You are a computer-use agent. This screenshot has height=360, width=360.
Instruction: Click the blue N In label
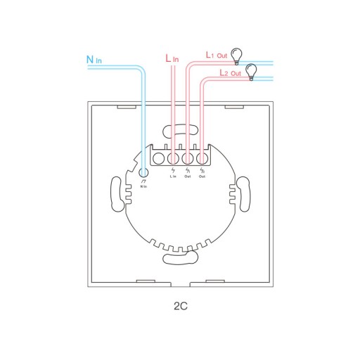coord(94,60)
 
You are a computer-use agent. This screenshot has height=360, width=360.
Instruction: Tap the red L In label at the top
coord(172,58)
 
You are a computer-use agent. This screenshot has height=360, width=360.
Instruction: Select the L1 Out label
coord(217,55)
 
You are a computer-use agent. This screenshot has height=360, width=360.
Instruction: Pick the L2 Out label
coord(230,73)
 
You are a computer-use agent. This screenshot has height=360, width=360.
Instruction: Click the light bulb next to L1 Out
coord(236,56)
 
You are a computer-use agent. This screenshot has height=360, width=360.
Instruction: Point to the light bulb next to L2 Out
coord(251,72)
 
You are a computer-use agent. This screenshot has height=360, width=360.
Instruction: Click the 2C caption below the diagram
coord(181,306)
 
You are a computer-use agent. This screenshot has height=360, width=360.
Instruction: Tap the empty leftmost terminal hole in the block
coord(158,159)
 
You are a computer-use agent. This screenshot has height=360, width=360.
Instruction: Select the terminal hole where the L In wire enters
coord(173,159)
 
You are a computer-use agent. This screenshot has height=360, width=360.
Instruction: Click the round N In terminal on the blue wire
coord(143,173)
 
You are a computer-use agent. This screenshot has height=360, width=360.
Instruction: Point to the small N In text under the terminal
coord(143,186)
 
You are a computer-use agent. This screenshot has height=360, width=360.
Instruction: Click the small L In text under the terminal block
coord(173,176)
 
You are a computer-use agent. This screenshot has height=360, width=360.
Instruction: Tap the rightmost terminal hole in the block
coord(202,159)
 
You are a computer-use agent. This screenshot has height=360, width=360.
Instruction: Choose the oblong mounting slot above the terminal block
coord(181,130)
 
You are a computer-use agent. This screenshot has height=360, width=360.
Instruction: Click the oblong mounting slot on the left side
coord(117,194)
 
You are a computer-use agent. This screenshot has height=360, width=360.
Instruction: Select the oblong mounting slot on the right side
coord(244,194)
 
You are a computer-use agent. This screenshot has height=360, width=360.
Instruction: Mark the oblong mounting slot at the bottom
coord(181,258)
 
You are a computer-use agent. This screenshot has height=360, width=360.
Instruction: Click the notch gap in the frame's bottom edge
coord(181,284)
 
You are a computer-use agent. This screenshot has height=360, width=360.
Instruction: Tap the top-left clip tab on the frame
coord(127,107)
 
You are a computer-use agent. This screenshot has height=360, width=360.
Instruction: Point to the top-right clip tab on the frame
coord(234,107)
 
